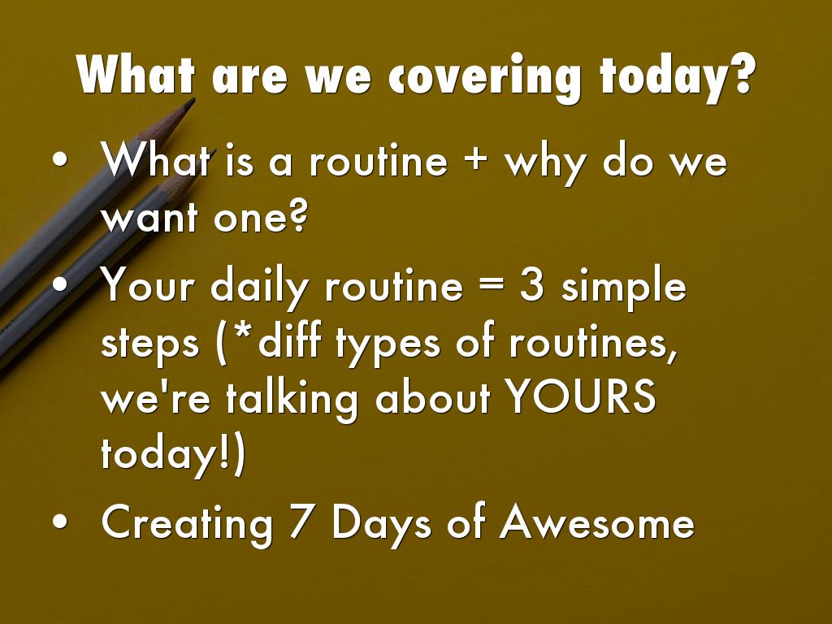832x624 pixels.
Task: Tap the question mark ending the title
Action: point(736,73)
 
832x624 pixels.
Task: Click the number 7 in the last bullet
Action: point(301,522)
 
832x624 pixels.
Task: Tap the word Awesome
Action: point(596,522)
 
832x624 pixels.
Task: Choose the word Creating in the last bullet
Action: point(187,524)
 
